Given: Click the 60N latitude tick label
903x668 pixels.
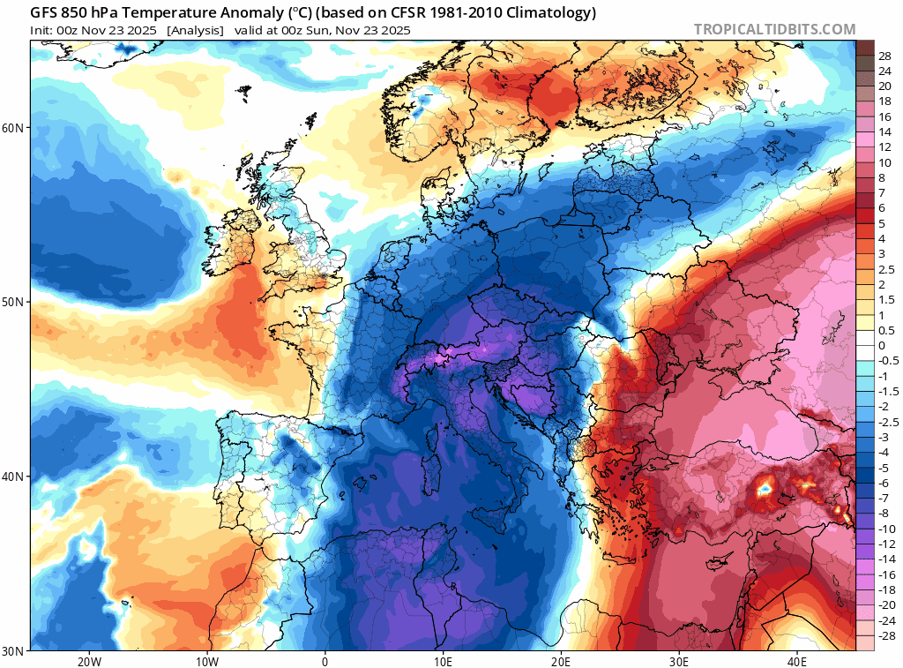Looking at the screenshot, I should point(14,128).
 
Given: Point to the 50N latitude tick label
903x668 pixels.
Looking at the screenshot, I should point(14,302).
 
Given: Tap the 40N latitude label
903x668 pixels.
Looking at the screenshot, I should point(14,477).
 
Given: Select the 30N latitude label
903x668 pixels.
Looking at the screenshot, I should point(14,651).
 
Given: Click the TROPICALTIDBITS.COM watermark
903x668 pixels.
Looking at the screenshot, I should point(774,29).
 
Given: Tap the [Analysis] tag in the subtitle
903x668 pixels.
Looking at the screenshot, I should point(194,30).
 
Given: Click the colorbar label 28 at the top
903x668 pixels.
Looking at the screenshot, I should point(884,55).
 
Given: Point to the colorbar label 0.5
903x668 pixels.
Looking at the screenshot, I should point(885,330).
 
